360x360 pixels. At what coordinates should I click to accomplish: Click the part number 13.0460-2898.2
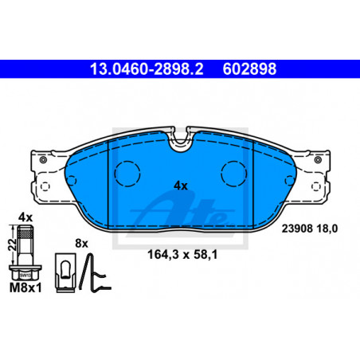(x=147, y=69)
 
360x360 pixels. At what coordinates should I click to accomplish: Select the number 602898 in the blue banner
(x=249, y=69)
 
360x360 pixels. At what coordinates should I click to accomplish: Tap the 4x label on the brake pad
(x=181, y=186)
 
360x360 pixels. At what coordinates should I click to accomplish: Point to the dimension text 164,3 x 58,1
(x=182, y=255)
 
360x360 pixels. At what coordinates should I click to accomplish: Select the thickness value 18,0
(x=327, y=229)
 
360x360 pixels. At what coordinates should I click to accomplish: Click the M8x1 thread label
(x=25, y=288)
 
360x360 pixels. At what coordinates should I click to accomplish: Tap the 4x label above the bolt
(x=25, y=217)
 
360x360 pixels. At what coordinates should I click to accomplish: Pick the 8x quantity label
(x=81, y=243)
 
